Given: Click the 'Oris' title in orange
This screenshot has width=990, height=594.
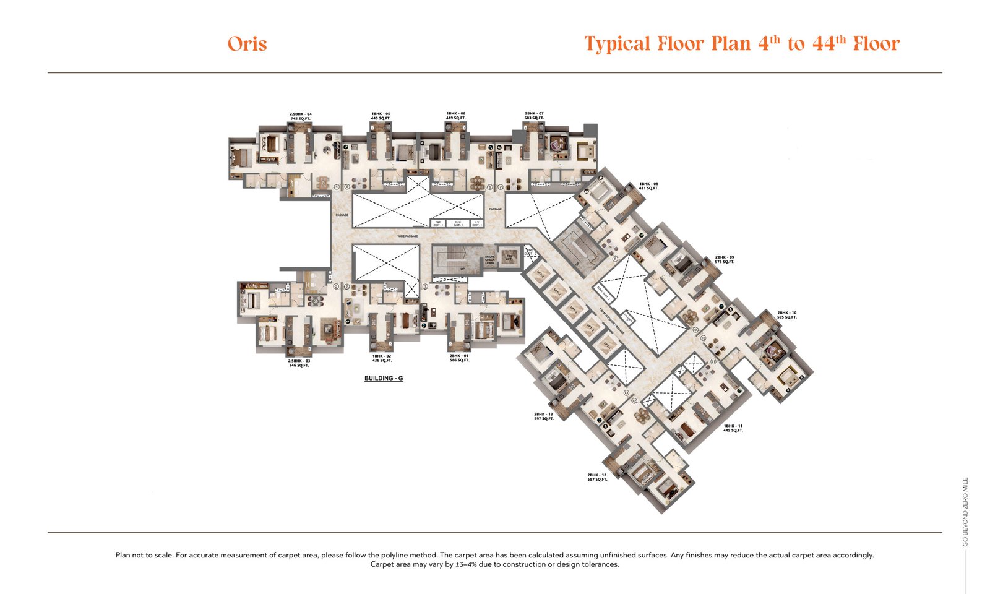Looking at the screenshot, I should [247, 44].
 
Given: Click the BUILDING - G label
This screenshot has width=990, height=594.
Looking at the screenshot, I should [384, 378].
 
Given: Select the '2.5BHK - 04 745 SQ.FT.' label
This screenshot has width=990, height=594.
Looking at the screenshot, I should [301, 116].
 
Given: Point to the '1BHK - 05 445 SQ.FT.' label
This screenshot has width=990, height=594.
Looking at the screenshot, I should [381, 116].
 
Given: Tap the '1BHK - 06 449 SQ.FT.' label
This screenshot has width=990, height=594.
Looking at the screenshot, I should [455, 116].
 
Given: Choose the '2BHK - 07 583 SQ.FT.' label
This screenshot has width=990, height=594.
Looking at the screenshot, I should [534, 116].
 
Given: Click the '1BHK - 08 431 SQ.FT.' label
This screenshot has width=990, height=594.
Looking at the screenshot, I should [648, 186].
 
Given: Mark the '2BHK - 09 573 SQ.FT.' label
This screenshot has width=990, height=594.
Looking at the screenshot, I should [725, 259].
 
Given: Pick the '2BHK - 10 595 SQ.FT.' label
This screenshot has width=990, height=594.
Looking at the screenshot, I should [787, 315].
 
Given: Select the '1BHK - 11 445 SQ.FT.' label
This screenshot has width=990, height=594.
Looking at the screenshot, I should [733, 428].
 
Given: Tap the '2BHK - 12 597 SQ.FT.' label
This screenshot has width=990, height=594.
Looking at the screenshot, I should [597, 477].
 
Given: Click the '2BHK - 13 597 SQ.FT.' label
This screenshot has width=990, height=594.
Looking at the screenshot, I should [543, 416].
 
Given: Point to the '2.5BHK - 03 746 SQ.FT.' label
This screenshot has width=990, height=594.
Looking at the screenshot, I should [299, 363].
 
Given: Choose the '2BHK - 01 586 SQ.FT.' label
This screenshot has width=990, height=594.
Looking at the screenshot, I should [460, 358].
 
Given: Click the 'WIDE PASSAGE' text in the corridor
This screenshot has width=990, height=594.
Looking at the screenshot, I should [407, 236].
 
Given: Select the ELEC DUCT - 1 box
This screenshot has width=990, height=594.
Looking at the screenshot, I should [458, 223].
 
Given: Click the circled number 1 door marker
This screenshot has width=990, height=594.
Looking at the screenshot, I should [425, 287].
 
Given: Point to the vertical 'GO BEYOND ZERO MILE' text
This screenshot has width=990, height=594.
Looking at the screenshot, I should [965, 511].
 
